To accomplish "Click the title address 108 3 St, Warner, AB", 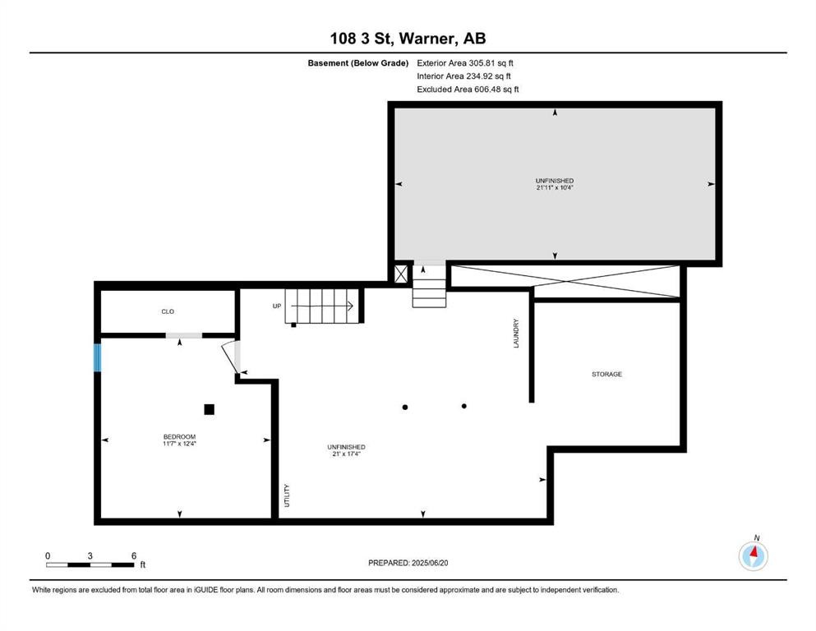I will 408,38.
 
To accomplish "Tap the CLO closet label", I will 168,311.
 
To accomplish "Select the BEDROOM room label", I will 179,436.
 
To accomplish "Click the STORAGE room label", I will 606,374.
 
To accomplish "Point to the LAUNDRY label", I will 517,333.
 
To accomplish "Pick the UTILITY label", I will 287,495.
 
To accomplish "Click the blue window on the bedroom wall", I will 97,358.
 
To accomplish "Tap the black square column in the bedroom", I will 210,409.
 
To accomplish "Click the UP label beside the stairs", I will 277,306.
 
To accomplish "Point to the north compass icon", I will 753,555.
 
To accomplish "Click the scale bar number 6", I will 133,555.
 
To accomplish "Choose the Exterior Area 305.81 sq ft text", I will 466,62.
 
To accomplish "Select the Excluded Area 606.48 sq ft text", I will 468,90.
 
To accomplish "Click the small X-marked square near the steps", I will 401,274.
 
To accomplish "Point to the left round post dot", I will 404,407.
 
